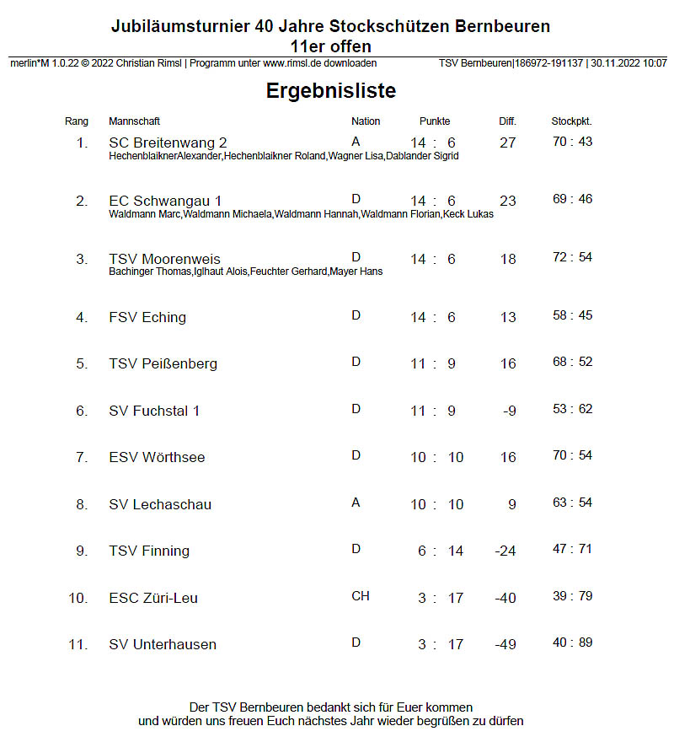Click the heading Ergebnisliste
330,90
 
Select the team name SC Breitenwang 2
168,142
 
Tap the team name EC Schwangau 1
165,201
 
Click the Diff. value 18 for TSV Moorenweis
507,259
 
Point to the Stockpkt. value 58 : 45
572,315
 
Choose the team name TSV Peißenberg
163,363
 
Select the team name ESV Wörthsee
157,457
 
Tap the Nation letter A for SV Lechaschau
356,503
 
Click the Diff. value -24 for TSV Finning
505,551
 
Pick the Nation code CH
360,596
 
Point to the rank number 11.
78,644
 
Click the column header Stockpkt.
571,121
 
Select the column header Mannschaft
134,121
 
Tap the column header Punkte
435,121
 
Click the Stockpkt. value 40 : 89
572,643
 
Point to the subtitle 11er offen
330,46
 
